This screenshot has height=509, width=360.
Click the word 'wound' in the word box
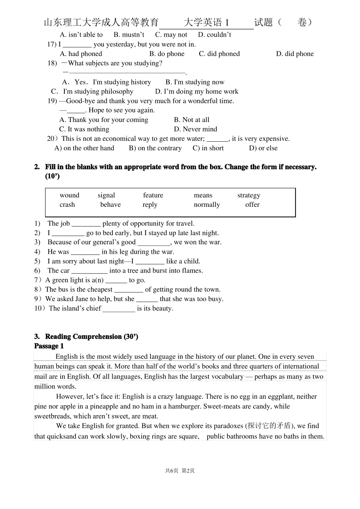pos(69,195)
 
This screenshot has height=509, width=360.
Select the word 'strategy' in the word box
pos(249,195)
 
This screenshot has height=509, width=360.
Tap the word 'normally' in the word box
pos(207,205)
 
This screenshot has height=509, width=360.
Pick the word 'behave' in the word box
pos(110,205)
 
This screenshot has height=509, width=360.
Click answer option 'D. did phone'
pos(295,54)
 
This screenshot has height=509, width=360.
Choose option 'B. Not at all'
pos(191,120)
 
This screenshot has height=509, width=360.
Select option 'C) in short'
pos(208,148)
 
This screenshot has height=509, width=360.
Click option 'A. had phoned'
pos(81,54)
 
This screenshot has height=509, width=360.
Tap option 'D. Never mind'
pos(196,130)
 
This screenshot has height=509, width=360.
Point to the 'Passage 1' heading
pos(49,346)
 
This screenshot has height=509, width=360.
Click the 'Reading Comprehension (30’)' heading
pos(91,337)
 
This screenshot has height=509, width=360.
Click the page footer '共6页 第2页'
pos(180,471)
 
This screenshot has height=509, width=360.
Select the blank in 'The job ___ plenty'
pos(86,224)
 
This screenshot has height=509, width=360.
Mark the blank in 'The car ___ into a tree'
pos(89,271)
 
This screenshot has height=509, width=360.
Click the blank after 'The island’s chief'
pos(119,309)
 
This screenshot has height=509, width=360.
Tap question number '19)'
pos(52,101)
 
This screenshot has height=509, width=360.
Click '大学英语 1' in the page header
pos(207,23)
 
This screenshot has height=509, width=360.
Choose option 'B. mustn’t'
pos(129,35)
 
